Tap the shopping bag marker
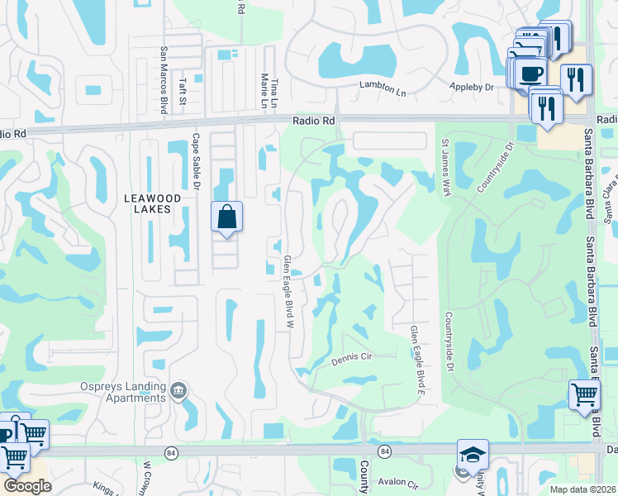(x=227, y=218)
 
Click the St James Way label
(x=445, y=168)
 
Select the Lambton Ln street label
(x=383, y=86)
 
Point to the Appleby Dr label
(x=473, y=86)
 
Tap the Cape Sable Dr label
(x=197, y=163)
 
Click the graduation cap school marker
(x=472, y=455)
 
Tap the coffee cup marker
(x=532, y=73)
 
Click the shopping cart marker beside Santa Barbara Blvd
(x=584, y=394)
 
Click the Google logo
(x=27, y=486)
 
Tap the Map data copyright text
(x=583, y=489)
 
